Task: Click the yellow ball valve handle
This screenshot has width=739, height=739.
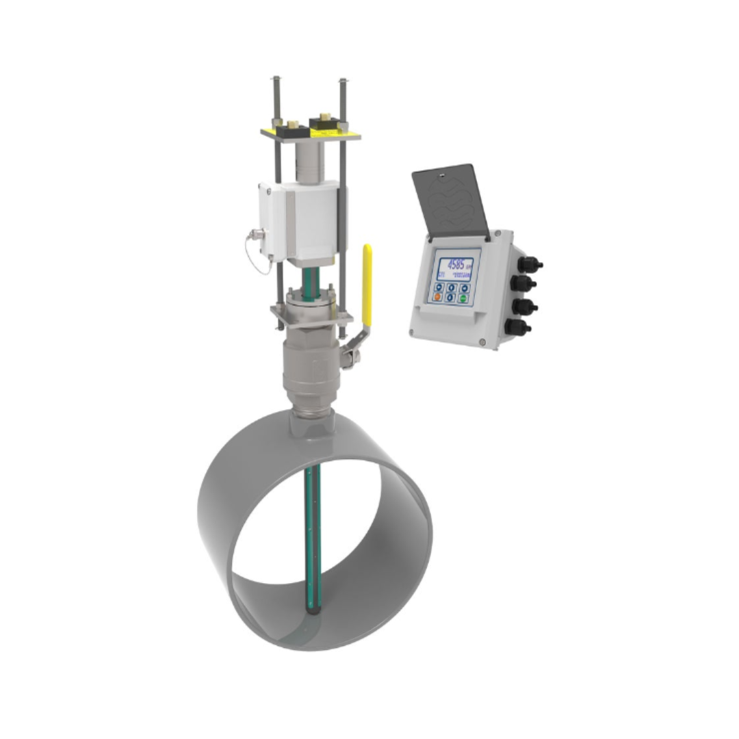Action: pos(367,284)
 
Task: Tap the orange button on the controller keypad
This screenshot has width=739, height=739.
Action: pos(438,297)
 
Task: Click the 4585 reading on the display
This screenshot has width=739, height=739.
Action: pos(455,263)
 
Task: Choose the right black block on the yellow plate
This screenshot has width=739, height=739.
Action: pos(325,123)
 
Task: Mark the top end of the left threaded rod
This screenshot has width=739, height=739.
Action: pos(275,78)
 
